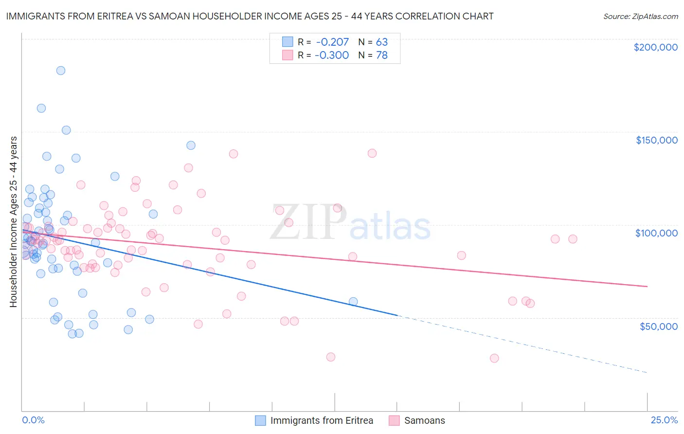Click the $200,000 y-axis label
click(x=655, y=47)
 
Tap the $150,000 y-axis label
click(x=656, y=140)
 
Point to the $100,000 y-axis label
click(x=656, y=233)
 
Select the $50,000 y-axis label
click(x=658, y=326)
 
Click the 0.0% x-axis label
click(x=33, y=420)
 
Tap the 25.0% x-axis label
click(x=664, y=420)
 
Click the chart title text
click(x=250, y=16)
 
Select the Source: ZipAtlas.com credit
click(x=640, y=16)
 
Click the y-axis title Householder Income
click(x=13, y=221)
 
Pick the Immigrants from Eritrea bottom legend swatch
click(x=261, y=420)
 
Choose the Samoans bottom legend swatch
click(x=394, y=420)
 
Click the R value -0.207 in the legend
click(x=332, y=42)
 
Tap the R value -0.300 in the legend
click(x=332, y=55)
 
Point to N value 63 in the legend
click(x=381, y=42)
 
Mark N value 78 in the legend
click(x=381, y=55)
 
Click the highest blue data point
click(x=61, y=71)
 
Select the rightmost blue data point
click(x=353, y=302)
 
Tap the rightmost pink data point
click(x=573, y=239)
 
